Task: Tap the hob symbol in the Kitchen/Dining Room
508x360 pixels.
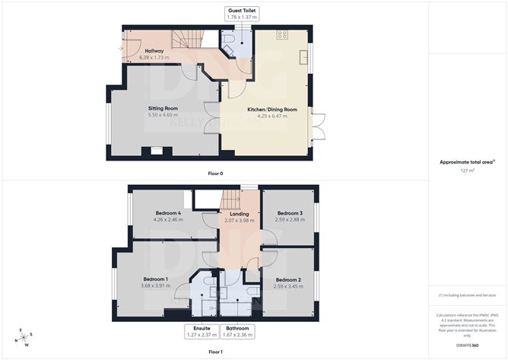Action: click(x=282, y=35)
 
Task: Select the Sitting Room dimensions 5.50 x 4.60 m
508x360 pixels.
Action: click(x=163, y=116)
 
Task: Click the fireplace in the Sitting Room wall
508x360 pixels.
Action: click(x=156, y=151)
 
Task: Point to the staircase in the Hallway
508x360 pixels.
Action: click(x=186, y=38)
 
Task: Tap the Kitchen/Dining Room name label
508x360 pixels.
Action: click(x=271, y=109)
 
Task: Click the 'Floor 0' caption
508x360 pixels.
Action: click(x=215, y=174)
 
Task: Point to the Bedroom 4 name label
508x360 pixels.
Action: click(x=168, y=212)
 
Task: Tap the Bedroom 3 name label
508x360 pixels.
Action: click(x=290, y=212)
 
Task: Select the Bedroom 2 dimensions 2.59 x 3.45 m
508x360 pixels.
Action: click(x=288, y=287)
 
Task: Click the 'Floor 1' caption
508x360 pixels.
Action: click(x=215, y=352)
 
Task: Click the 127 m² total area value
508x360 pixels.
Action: click(x=467, y=170)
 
